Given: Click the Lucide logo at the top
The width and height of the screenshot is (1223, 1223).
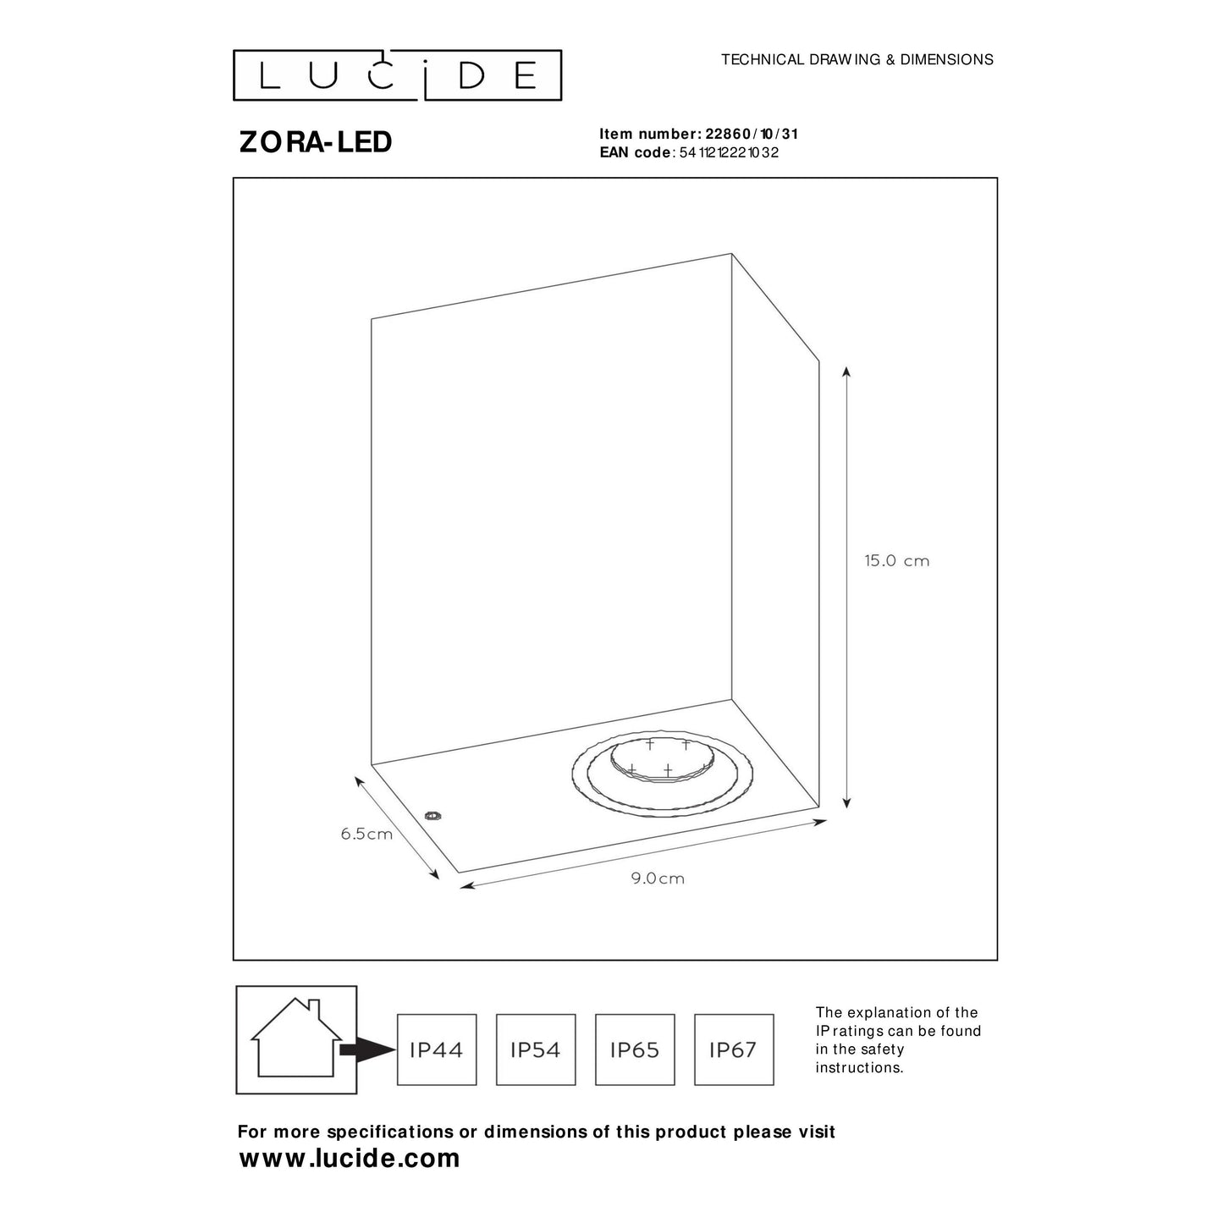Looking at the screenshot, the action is [397, 74].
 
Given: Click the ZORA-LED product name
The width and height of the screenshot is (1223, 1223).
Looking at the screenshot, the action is [316, 142].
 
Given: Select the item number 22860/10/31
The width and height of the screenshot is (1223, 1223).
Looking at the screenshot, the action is [752, 134].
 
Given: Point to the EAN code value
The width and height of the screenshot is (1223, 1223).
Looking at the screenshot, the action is [730, 152].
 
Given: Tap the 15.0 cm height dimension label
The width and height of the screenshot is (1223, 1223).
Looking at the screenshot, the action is [897, 561].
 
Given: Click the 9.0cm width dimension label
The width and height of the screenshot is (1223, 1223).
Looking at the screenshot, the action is [658, 879].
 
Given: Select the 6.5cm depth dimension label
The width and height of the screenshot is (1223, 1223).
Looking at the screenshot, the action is [366, 834].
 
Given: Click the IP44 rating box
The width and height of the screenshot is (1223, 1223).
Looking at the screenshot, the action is [437, 1049].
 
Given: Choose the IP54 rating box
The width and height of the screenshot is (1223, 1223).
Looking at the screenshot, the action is [536, 1049].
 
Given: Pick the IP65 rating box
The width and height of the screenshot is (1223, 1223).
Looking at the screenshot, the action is [635, 1049].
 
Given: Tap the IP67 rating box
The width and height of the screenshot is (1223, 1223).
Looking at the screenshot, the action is [734, 1049].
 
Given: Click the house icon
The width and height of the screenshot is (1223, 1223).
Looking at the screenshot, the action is [296, 1039].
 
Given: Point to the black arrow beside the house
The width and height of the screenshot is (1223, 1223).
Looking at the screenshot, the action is [368, 1049].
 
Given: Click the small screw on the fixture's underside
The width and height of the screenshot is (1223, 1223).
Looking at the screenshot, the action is [434, 816].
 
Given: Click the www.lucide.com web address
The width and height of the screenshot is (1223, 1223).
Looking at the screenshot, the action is [349, 1159].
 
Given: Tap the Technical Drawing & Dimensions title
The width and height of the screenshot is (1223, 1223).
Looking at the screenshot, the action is [857, 59].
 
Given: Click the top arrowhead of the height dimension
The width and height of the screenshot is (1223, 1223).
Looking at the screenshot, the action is [846, 372].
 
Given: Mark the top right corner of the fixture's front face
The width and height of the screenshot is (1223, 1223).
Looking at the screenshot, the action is [732, 254].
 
